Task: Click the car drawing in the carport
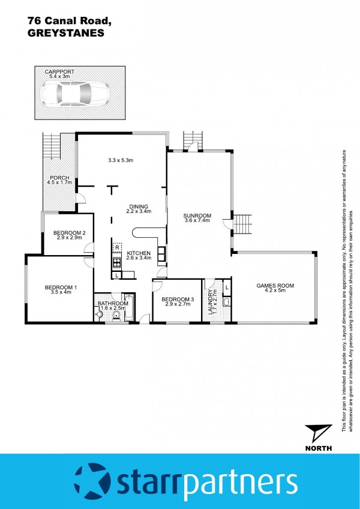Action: [75, 94]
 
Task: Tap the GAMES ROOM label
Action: [275, 286]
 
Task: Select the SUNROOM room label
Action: [197, 215]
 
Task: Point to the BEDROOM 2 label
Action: [69, 232]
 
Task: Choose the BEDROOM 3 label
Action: [178, 299]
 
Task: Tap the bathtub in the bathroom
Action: [129, 307]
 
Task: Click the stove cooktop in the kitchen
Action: [116, 262]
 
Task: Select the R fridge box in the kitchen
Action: [116, 247]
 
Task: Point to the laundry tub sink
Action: [227, 303]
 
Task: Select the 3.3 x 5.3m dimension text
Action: [121, 160]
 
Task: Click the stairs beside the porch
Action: [52, 146]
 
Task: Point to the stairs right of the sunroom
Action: [243, 224]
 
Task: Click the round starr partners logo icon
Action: [92, 482]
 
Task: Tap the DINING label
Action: [139, 206]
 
